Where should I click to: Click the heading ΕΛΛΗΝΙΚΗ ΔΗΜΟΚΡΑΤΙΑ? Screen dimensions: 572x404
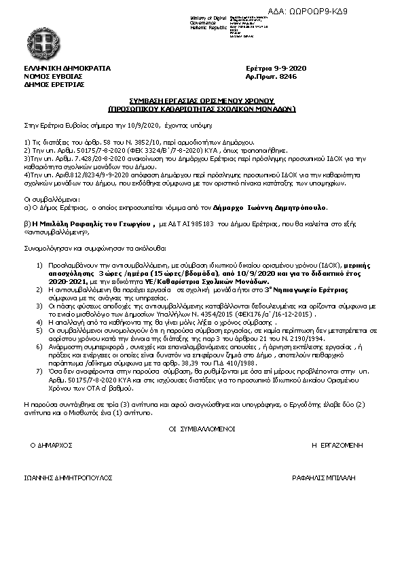point(67,69)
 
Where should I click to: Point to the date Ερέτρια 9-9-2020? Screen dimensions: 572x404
point(276,69)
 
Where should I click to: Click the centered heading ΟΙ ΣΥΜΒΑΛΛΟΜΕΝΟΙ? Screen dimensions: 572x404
point(201,429)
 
